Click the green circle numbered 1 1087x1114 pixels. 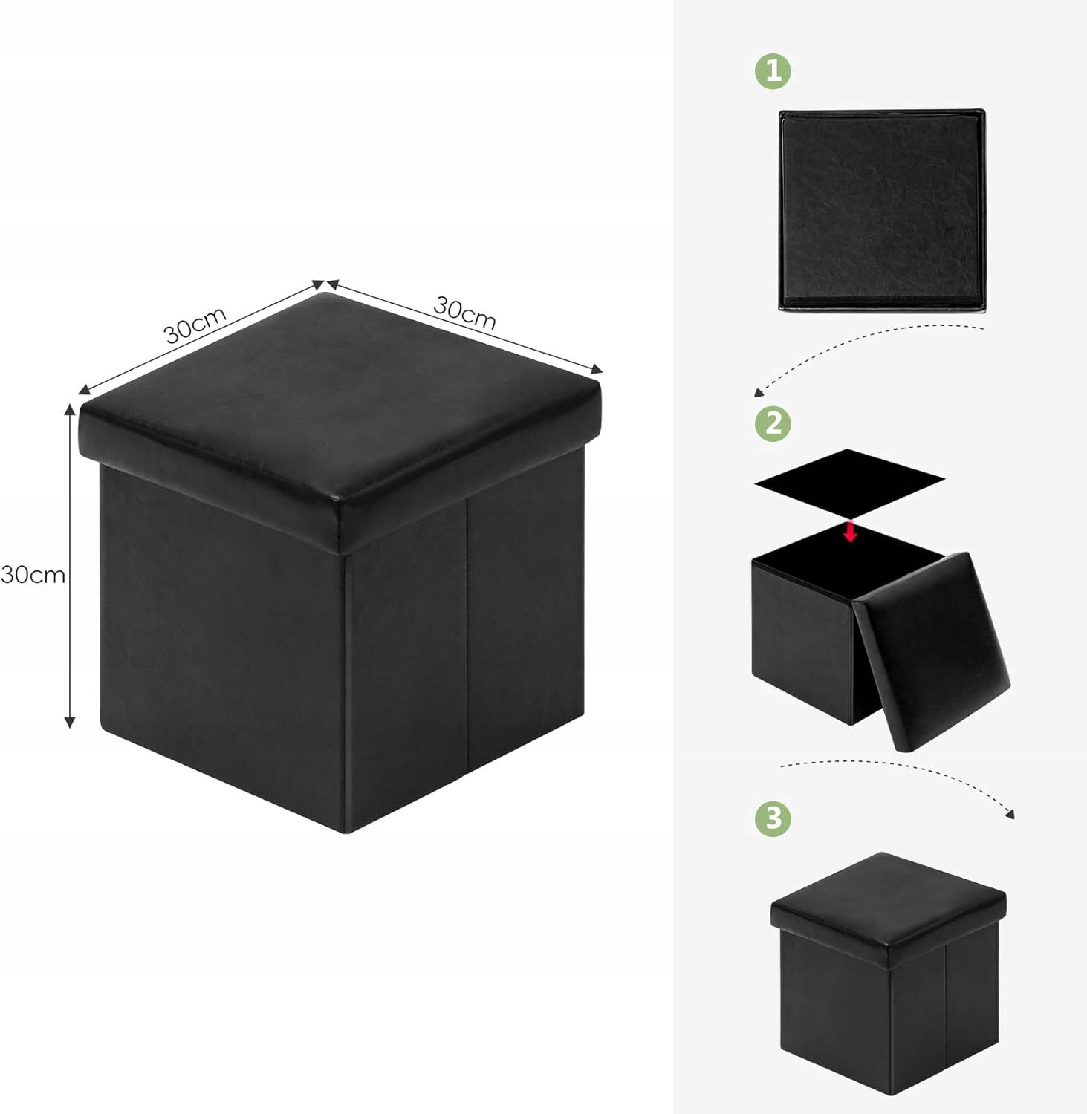pyautogui.click(x=773, y=72)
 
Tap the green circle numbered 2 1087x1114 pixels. pyautogui.click(x=773, y=423)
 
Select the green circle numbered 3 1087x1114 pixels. pyautogui.click(x=773, y=818)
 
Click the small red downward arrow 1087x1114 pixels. pyautogui.click(x=851, y=532)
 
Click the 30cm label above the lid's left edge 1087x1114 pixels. pyautogui.click(x=195, y=325)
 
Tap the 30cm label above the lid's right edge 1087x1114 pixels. pyautogui.click(x=464, y=312)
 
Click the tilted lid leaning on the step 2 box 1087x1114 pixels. pyautogui.click(x=932, y=651)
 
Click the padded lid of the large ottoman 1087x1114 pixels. pyautogui.click(x=340, y=411)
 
